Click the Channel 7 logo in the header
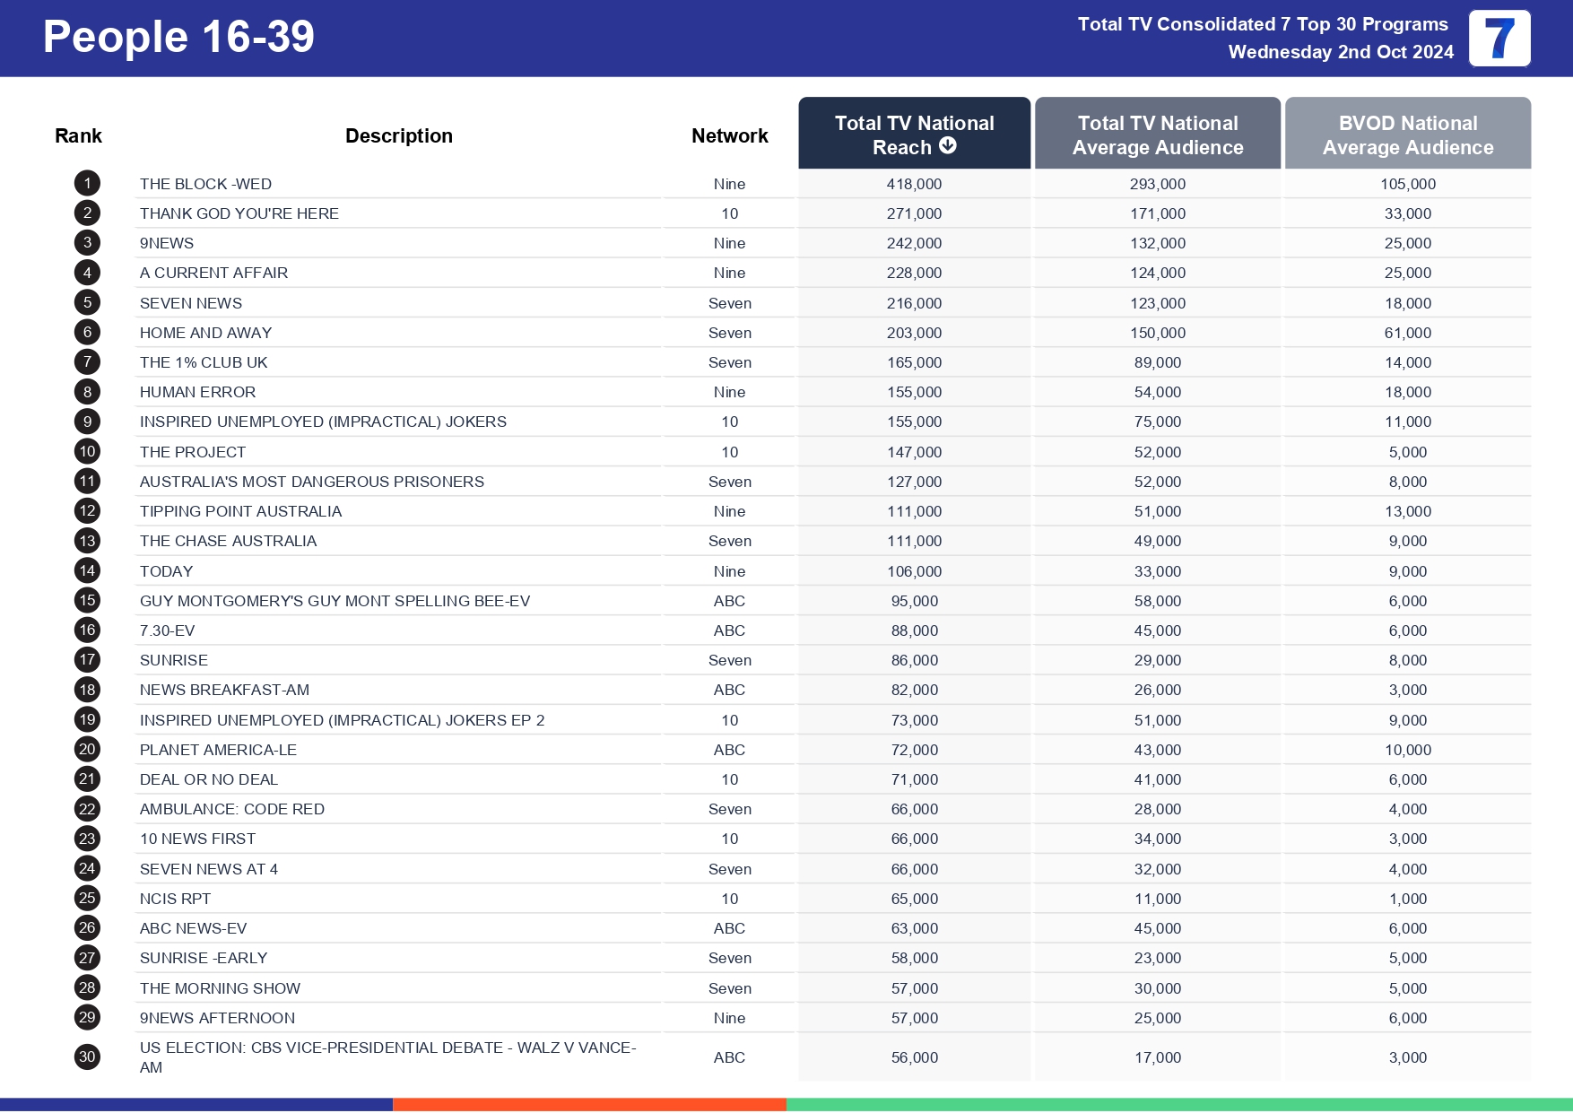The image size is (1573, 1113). (x=1499, y=39)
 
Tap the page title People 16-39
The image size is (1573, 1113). (x=178, y=38)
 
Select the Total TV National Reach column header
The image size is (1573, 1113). (x=914, y=135)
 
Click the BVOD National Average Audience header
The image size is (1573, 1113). (x=1407, y=135)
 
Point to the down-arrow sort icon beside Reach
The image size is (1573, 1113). (x=948, y=146)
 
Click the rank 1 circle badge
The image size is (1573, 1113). (x=87, y=184)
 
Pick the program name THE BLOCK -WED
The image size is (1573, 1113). (x=205, y=184)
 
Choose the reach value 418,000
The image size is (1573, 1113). (x=914, y=184)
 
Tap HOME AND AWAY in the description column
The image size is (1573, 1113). (x=205, y=333)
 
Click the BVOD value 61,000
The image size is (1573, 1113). (x=1407, y=333)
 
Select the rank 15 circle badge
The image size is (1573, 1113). (x=87, y=601)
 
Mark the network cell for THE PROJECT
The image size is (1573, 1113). (x=729, y=452)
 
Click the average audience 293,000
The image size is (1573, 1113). (x=1157, y=184)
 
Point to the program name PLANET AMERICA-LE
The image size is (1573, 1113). (x=218, y=750)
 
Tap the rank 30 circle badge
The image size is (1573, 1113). (x=87, y=1056)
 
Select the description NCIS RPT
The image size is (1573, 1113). (x=175, y=899)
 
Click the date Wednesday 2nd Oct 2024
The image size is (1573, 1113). (x=1341, y=52)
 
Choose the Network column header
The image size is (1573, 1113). (x=729, y=135)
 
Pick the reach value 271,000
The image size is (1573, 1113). (x=914, y=213)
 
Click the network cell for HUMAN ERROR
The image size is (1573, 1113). (x=729, y=392)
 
